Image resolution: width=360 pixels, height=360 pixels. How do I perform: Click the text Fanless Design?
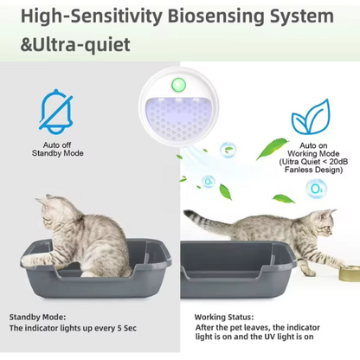click(x=312, y=170)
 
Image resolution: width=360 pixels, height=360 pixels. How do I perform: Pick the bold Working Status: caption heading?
click(x=224, y=317)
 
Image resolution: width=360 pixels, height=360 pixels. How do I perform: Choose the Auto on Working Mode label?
click(x=312, y=151)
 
